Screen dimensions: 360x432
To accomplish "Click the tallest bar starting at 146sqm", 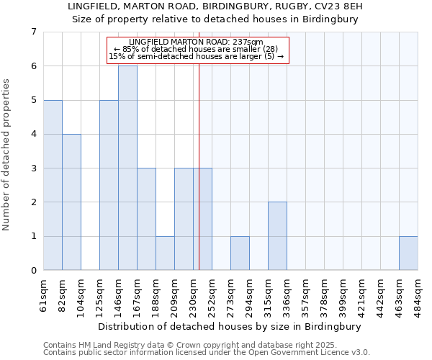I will tap(127, 168).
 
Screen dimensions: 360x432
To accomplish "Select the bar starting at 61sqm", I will tap(53, 185).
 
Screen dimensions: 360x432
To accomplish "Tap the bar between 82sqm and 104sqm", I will tap(71, 202).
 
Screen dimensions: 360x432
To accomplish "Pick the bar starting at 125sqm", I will tap(109, 185).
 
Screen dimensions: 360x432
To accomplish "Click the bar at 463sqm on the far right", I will tap(408, 253).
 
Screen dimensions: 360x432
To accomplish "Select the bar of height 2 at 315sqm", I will tap(277, 236).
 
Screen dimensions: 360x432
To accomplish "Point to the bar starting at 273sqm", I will tap(240, 253).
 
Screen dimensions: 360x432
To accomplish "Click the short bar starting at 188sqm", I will tap(165, 253).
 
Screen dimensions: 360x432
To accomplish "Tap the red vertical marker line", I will tap(199, 180).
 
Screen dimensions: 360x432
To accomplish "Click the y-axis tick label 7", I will tap(33, 32).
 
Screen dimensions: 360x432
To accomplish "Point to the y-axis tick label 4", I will tap(33, 134).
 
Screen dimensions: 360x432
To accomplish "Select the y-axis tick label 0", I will tap(33, 271).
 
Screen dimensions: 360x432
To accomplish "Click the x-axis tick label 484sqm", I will tap(418, 293).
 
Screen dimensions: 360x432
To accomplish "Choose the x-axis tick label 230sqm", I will tap(193, 293).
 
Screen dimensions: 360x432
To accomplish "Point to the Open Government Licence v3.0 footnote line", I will tap(207, 353).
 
